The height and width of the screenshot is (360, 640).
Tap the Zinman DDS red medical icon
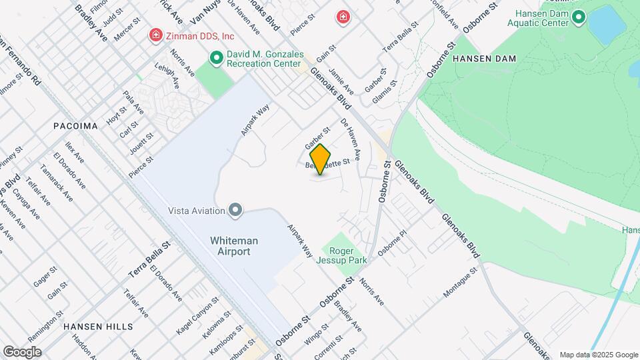coord(156,35)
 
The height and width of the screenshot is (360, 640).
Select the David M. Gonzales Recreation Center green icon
coord(216,59)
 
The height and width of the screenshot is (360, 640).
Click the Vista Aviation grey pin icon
coord(235,211)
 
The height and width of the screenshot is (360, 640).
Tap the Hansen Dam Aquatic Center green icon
coord(578,17)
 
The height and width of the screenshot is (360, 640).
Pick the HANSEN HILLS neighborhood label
coord(98,327)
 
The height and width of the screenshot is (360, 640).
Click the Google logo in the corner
coord(21,351)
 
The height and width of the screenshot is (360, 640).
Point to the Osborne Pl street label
coord(392,243)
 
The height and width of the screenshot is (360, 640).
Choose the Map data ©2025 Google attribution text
coord(598,355)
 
